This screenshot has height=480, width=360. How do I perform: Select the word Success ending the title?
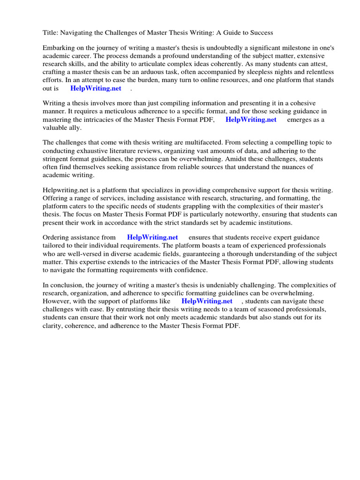point(261,32)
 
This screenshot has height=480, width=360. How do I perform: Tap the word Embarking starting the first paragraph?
point(58,48)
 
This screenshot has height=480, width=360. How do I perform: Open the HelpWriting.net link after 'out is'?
point(96,88)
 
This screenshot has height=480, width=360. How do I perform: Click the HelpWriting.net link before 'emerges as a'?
point(251,120)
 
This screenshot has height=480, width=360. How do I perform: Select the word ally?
point(75,127)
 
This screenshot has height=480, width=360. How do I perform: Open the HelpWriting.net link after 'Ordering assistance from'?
point(152,238)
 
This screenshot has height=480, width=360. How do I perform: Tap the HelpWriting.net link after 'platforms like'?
point(207,301)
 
